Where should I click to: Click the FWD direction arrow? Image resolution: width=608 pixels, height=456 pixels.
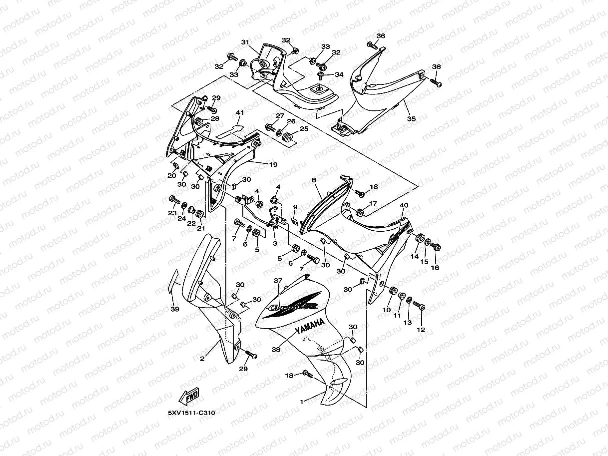tap(189, 398)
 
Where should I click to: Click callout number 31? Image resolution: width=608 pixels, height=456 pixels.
tap(245, 42)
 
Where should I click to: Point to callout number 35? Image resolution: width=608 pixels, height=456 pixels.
tap(411, 119)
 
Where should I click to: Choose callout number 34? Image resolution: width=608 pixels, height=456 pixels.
tap(339, 74)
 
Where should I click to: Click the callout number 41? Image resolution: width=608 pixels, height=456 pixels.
tap(239, 113)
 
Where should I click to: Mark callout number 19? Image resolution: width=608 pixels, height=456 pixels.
tap(273, 164)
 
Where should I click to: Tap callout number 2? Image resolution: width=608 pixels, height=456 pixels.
tap(202, 359)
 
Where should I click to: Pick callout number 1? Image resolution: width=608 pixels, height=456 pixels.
tap(301, 401)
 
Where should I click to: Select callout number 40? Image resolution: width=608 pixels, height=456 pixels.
tap(404, 205)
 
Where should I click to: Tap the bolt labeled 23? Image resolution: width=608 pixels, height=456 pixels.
tap(173, 200)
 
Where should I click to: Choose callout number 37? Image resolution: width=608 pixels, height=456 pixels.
tap(278, 281)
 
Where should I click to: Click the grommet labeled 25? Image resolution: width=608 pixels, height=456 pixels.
tap(288, 137)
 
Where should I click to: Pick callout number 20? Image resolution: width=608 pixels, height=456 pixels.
tap(171, 175)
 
